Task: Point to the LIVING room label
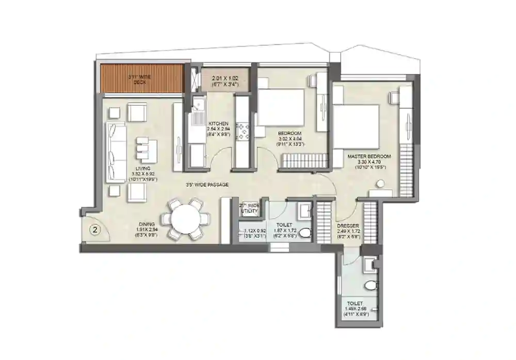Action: (143, 168)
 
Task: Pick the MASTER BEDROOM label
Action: (368, 156)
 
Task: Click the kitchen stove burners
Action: (243, 130)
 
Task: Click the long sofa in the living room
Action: (116, 152)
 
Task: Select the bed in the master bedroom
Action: (356, 126)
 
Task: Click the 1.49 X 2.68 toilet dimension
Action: (354, 308)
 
